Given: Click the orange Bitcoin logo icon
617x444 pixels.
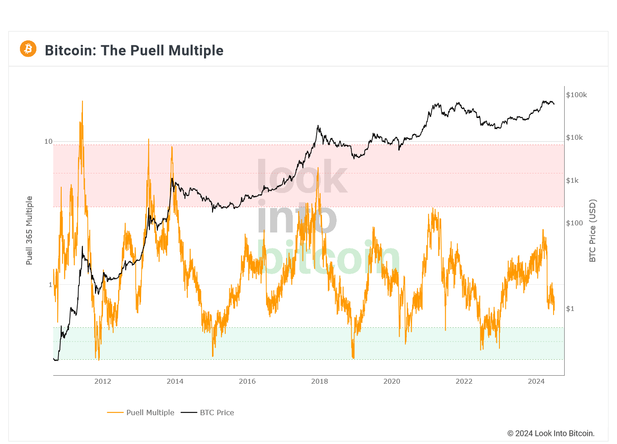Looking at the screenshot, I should [x=28, y=49].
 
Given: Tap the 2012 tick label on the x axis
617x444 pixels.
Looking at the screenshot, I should [x=103, y=381].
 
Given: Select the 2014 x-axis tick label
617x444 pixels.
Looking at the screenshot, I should [x=175, y=381].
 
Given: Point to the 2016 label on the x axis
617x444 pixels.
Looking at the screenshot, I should [x=248, y=381].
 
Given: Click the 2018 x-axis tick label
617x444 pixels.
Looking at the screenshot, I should [x=320, y=381].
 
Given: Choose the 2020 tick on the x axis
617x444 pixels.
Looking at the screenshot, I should [x=392, y=381].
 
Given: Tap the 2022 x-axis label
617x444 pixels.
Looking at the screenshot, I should [x=464, y=381].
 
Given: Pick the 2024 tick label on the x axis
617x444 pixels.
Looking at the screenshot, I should [x=536, y=381].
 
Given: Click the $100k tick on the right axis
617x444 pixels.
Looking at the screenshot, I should [x=577, y=95].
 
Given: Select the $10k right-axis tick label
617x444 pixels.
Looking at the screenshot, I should [x=574, y=138].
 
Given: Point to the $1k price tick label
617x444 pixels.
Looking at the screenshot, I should [x=572, y=181].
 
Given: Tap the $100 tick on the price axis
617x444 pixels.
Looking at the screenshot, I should [x=574, y=223].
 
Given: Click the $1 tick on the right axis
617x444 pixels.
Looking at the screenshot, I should [x=570, y=309].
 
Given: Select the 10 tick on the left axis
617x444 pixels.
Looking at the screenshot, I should [x=48, y=141].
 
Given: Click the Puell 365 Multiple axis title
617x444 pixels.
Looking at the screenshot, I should [x=29, y=231].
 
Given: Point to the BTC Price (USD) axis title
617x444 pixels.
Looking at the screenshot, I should [x=593, y=231].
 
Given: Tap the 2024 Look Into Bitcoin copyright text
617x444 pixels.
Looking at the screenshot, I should [x=550, y=433].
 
